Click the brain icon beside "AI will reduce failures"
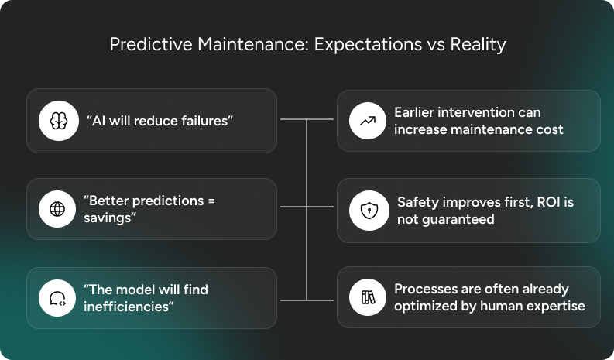tap(60, 120)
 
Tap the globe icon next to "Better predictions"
tap(60, 209)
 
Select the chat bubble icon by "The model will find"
tap(60, 298)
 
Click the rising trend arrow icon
tap(369, 120)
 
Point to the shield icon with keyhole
tap(369, 209)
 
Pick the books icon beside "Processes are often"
tap(369, 298)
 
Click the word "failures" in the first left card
tap(203, 121)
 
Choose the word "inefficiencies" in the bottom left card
tap(128, 307)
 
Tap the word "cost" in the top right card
tap(547, 129)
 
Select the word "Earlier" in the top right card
tap(416, 112)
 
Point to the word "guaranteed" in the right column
tap(457, 219)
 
